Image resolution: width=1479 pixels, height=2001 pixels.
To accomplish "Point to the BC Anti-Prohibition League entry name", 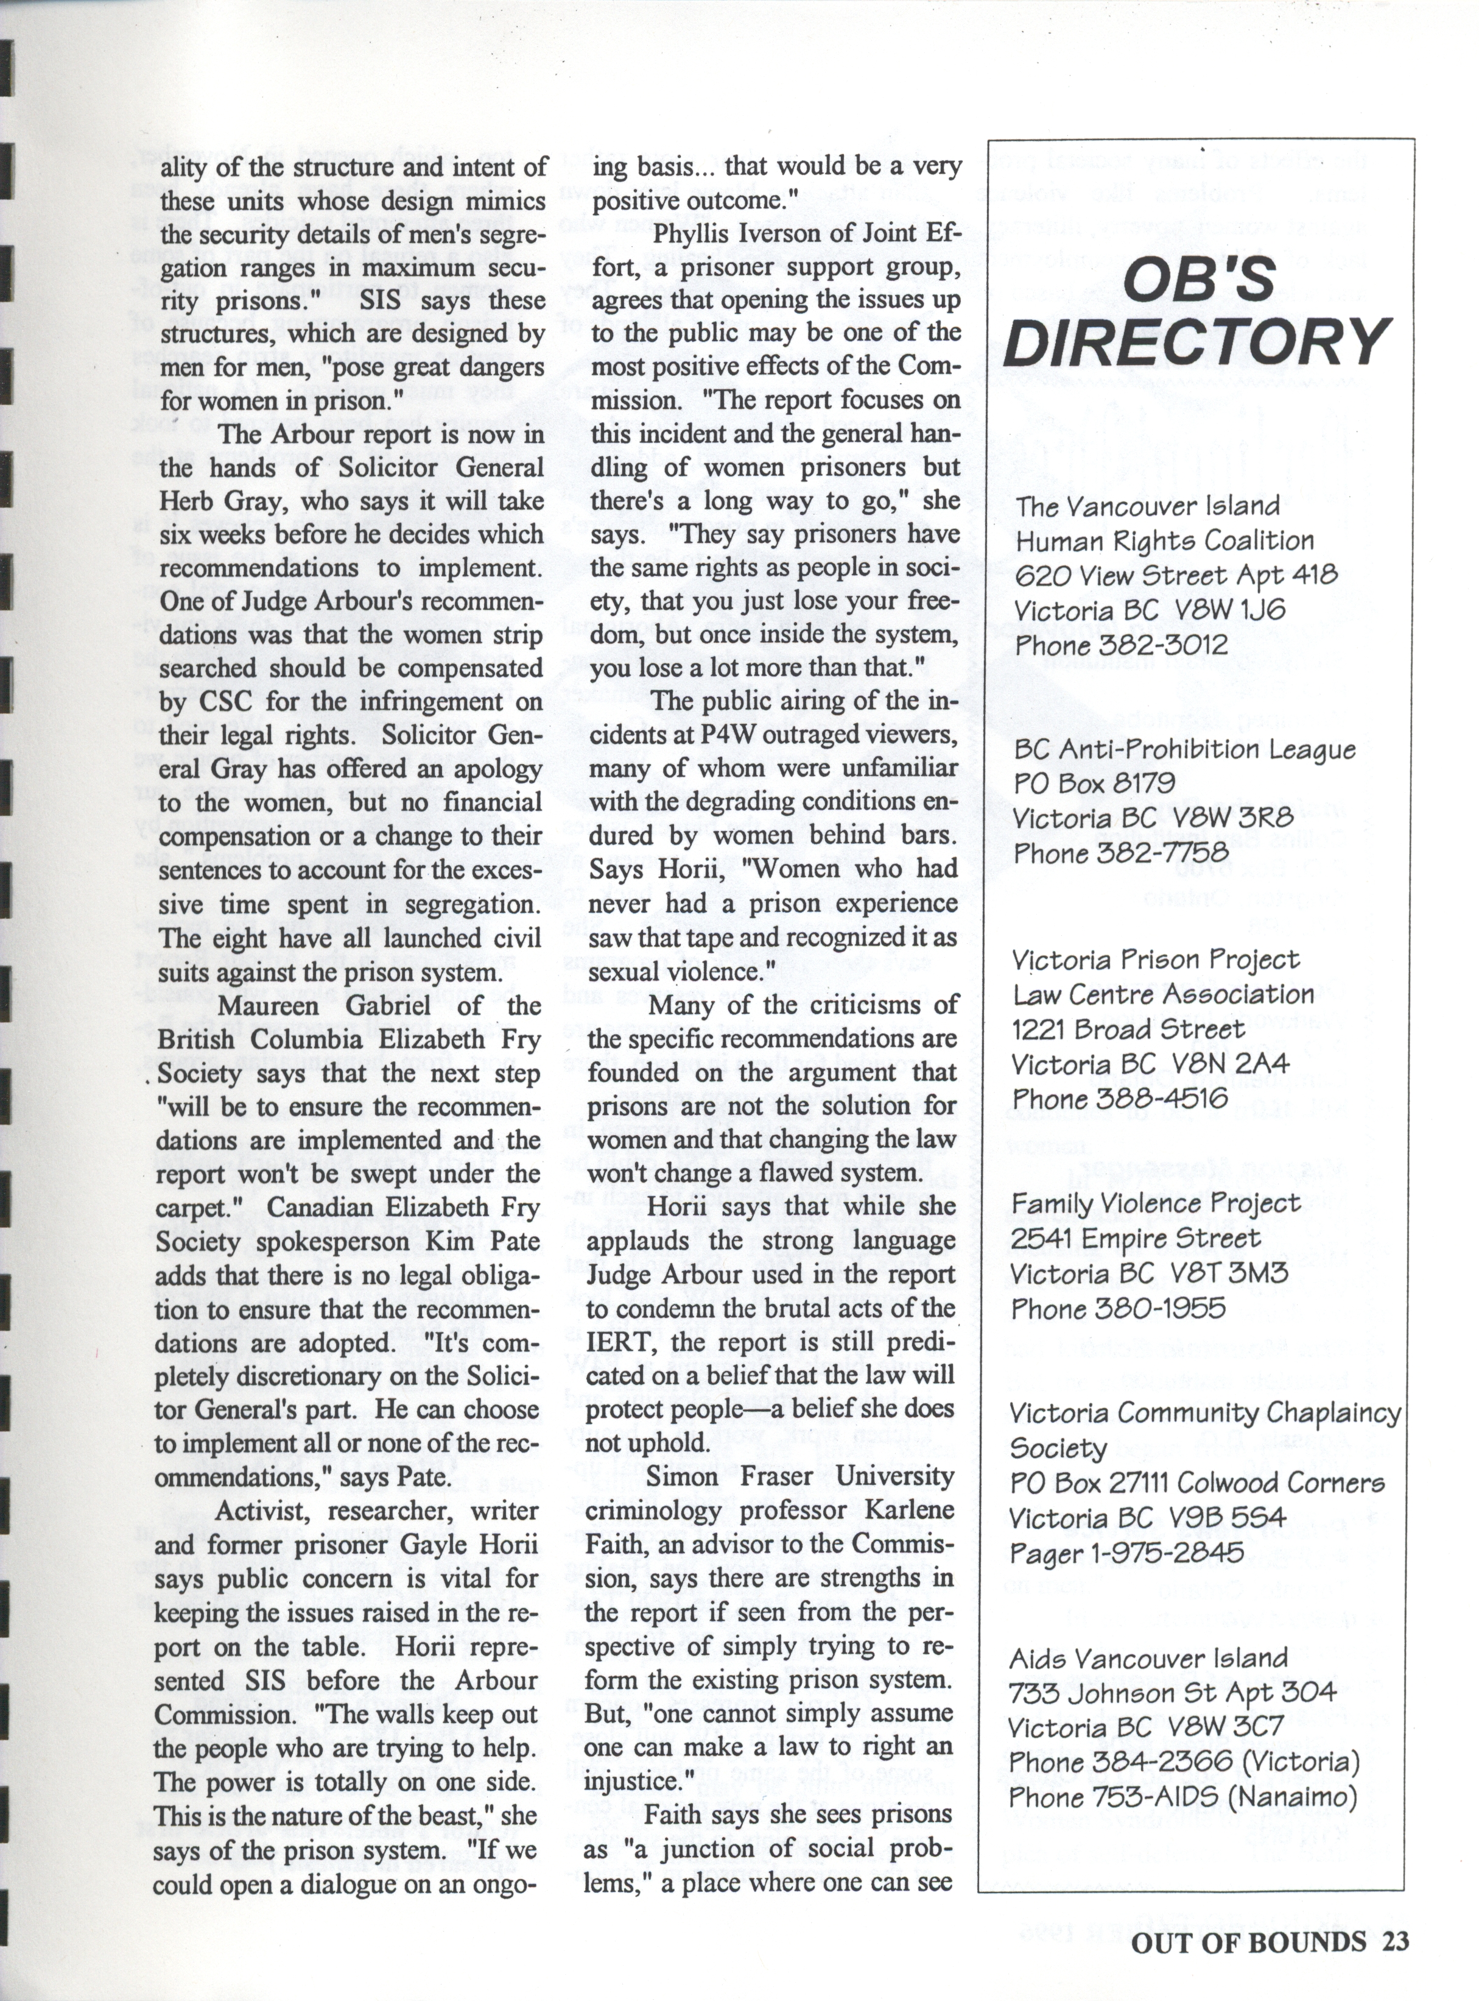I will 1184,749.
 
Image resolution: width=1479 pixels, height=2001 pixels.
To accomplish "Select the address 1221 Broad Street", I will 1127,1029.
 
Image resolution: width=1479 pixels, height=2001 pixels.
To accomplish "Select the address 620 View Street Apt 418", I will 1176,575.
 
